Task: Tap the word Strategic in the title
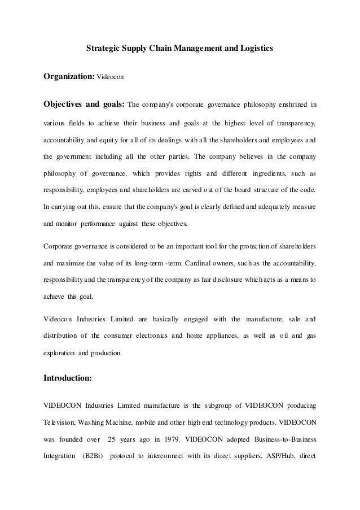tap(103, 49)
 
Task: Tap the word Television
tap(62, 421)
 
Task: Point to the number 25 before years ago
tap(112, 438)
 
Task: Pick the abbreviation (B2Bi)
tap(91, 455)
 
